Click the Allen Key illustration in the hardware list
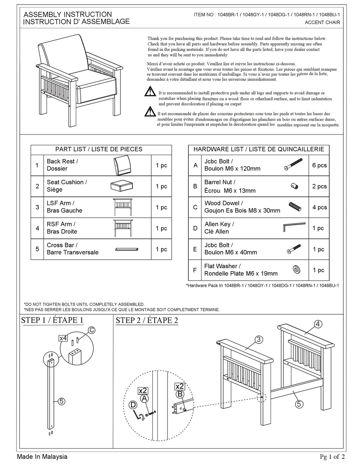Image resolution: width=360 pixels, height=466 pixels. (294, 227)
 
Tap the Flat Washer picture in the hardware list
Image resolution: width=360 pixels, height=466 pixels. (296, 270)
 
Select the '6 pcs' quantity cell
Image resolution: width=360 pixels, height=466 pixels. (319, 165)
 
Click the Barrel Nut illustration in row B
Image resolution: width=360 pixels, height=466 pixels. (295, 186)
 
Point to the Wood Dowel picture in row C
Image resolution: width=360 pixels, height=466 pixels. (294, 207)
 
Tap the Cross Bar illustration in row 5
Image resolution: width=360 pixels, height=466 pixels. (127, 249)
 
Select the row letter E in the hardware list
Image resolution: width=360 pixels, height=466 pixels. (195, 249)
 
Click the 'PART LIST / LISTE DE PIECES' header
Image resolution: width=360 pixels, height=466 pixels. (101, 149)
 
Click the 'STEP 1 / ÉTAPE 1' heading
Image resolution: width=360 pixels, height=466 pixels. (52, 320)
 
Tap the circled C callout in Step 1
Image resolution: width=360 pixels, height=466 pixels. (91, 330)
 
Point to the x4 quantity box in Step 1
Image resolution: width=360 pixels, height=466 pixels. (63, 338)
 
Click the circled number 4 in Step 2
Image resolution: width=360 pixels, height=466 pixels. (318, 324)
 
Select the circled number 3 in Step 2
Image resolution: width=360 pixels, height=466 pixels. (258, 339)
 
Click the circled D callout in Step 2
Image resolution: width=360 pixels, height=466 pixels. (133, 405)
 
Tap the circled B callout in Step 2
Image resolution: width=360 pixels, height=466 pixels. (180, 394)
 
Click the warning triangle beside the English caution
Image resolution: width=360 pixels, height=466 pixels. (150, 91)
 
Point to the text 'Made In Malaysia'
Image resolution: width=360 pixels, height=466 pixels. (42, 457)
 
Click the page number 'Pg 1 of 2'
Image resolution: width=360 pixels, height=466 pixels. (332, 457)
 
